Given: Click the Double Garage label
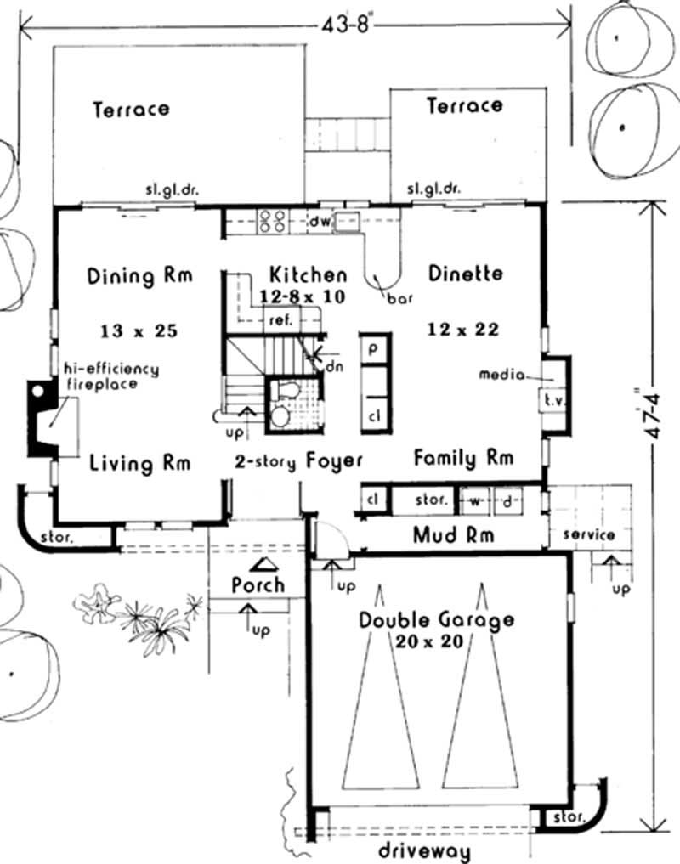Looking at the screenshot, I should pyautogui.click(x=435, y=619).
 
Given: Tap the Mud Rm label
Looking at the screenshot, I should pyautogui.click(x=453, y=535).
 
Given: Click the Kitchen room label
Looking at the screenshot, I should pyautogui.click(x=308, y=275).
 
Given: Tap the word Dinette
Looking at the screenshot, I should pyautogui.click(x=465, y=274).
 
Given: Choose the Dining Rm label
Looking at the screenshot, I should pyautogui.click(x=140, y=276).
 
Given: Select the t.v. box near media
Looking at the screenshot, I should pyautogui.click(x=549, y=399).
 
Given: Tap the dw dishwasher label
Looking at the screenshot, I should pyautogui.click(x=319, y=223).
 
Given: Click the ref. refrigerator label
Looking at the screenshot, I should pyautogui.click(x=280, y=320).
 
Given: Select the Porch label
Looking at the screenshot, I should pyautogui.click(x=258, y=585).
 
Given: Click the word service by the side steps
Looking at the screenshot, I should pyautogui.click(x=588, y=535).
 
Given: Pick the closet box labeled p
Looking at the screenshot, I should pyautogui.click(x=373, y=348).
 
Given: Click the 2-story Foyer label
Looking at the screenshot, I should pyautogui.click(x=298, y=460).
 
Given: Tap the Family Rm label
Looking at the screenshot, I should pyautogui.click(x=463, y=459).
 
